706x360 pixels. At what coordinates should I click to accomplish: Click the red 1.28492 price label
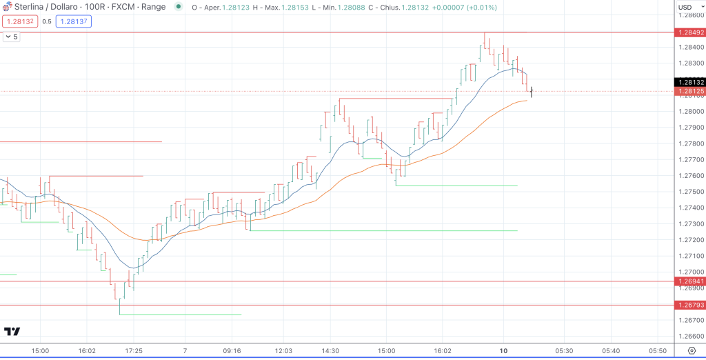(689, 32)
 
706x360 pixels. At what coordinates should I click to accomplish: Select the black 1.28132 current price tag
(689, 82)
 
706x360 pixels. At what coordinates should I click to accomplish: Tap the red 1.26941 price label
(689, 281)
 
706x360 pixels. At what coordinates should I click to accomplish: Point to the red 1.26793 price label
(689, 305)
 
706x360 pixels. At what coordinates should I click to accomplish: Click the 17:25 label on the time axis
(134, 351)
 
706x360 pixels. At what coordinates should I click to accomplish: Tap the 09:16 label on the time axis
(232, 351)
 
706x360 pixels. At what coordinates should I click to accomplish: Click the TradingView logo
(12, 332)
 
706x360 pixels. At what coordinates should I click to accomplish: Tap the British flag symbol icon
(7, 6)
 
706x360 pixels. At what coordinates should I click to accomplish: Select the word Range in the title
(152, 7)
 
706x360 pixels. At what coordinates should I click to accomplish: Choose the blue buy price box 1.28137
(73, 21)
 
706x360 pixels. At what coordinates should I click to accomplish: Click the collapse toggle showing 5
(11, 37)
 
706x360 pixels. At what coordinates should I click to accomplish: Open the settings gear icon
(692, 351)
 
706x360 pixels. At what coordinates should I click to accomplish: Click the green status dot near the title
(179, 7)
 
